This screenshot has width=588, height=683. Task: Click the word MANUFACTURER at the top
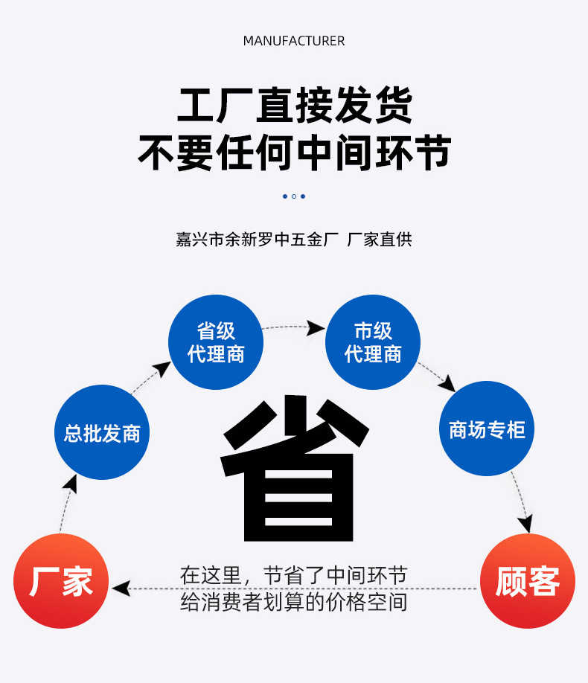coord(294,41)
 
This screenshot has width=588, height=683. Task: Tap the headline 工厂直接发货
coord(294,106)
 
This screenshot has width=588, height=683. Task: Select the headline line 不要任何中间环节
coord(294,154)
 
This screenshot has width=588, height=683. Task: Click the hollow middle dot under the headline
coord(294,196)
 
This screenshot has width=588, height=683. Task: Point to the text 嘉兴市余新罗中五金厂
coord(258,240)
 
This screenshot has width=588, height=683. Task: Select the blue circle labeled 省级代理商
coord(216,342)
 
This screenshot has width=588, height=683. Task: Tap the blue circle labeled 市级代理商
coord(373,342)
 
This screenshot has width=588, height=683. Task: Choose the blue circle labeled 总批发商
coord(102,433)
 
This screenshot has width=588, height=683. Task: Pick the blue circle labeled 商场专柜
coord(488,429)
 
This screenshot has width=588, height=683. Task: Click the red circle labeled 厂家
coord(61,581)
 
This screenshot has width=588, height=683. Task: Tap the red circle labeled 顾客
coord(527,581)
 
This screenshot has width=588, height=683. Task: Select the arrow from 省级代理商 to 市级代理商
coord(295,327)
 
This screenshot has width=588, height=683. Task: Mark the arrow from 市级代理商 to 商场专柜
coord(437,376)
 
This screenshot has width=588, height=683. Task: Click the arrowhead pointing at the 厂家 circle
coord(119,589)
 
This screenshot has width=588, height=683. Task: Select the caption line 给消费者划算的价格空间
coord(294,602)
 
